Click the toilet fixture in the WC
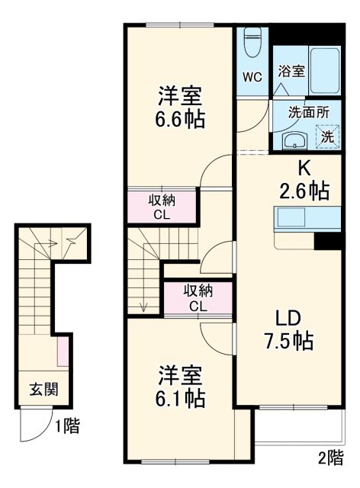click(252, 43)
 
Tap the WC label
click(252, 78)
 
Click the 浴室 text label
click(291, 72)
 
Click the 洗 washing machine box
click(326, 137)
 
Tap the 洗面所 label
click(309, 111)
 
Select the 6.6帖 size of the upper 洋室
click(181, 120)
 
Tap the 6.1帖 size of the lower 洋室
click(181, 397)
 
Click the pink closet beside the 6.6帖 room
click(162, 207)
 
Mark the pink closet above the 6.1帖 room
click(198, 297)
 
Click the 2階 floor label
click(330, 457)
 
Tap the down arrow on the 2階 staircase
click(144, 305)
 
